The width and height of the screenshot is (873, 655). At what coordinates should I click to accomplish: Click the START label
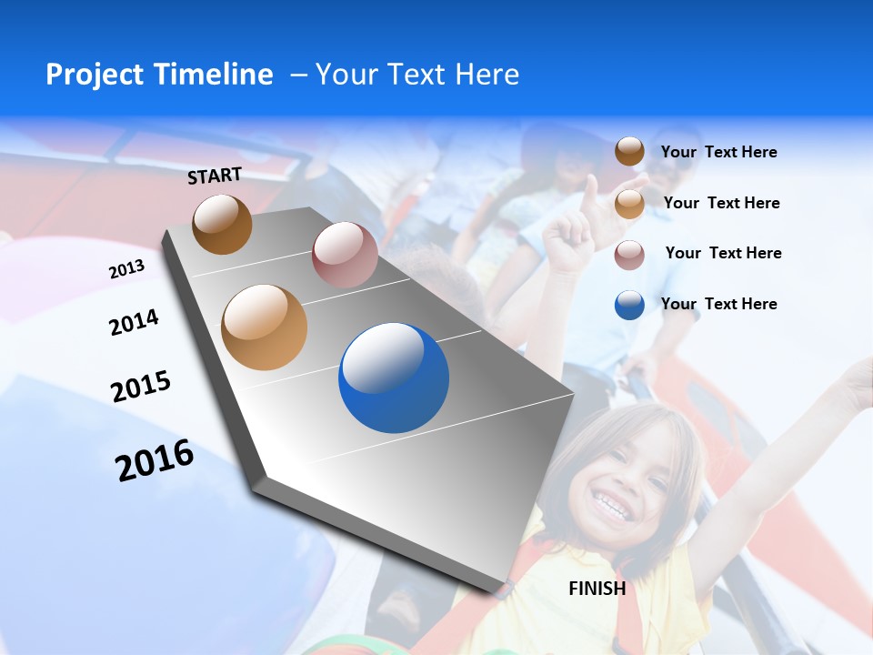click(x=215, y=176)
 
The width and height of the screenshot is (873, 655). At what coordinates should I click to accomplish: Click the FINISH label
click(x=597, y=589)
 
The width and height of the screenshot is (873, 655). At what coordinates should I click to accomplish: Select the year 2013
click(x=126, y=269)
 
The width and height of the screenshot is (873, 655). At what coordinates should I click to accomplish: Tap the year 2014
click(x=134, y=322)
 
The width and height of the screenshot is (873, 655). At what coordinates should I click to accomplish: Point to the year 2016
click(x=155, y=460)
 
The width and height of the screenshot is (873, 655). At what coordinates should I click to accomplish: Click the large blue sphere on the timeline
click(x=394, y=378)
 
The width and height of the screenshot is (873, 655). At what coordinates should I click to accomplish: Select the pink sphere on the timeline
click(x=345, y=255)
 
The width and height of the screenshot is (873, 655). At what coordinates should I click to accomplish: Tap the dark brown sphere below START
click(x=222, y=224)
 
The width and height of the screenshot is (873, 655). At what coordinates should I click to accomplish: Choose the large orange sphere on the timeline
click(x=265, y=327)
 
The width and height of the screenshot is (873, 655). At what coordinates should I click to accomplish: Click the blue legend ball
click(x=629, y=305)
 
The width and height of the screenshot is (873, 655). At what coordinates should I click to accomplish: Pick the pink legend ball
click(x=629, y=255)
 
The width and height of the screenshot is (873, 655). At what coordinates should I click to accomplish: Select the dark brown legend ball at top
click(x=629, y=152)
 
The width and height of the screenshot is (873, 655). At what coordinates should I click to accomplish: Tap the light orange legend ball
click(x=629, y=204)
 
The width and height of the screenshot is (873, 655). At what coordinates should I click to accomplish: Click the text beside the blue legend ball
click(x=719, y=304)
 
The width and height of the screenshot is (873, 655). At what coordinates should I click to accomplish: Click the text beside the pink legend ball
click(x=723, y=253)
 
